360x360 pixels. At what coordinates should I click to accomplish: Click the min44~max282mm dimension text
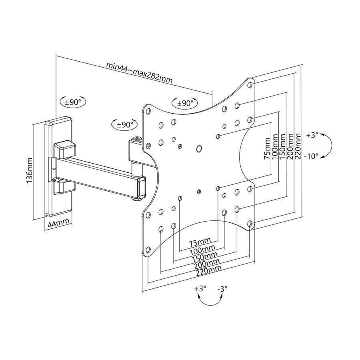click(x=140, y=72)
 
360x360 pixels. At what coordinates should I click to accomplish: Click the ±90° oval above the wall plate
click(x=73, y=102)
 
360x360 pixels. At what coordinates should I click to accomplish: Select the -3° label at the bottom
click(x=222, y=288)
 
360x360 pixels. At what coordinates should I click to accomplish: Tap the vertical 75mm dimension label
click(x=267, y=149)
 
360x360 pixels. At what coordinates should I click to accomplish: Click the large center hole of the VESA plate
click(x=199, y=148)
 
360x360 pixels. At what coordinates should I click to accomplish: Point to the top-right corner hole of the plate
click(x=250, y=85)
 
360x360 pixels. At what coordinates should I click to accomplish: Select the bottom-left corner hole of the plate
click(x=148, y=250)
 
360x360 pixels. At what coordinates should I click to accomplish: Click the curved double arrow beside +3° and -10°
click(x=327, y=146)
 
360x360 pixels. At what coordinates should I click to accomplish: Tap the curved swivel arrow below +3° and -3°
click(x=211, y=301)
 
